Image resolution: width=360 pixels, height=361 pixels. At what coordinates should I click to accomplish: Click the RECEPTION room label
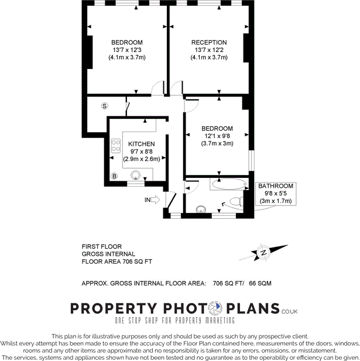pyautogui.click(x=209, y=43)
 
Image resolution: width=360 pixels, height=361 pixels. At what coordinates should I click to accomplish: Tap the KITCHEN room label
pyautogui.click(x=142, y=144)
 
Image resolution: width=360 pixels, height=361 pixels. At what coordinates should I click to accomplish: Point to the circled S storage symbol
pyautogui.click(x=104, y=106)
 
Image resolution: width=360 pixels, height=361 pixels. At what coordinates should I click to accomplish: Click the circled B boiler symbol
pyautogui.click(x=115, y=176)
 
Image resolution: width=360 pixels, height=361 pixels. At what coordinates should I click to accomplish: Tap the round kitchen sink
pyautogui.click(x=136, y=174)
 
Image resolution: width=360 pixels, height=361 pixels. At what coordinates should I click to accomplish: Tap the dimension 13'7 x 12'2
pyautogui.click(x=209, y=50)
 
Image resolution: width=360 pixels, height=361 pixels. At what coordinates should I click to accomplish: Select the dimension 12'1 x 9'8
pyautogui.click(x=217, y=136)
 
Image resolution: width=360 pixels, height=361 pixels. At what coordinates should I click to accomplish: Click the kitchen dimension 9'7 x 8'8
pyautogui.click(x=142, y=151)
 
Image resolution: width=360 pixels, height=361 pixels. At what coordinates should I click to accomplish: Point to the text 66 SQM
pyautogui.click(x=262, y=283)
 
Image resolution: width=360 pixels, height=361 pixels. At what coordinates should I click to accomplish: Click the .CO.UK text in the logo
pyautogui.click(x=290, y=312)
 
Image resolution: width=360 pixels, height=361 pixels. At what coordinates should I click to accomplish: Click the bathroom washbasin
pyautogui.click(x=202, y=207)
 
